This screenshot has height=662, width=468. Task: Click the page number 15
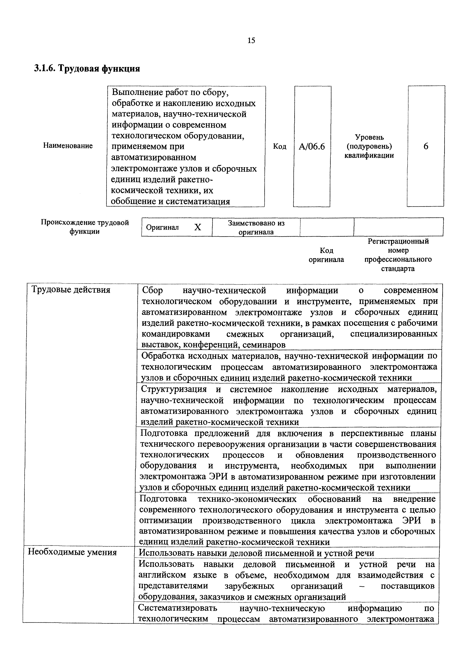tap(251, 40)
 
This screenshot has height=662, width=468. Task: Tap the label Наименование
tap(68, 146)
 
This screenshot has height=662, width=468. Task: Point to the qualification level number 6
tap(426, 146)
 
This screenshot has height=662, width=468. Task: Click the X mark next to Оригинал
tap(197, 227)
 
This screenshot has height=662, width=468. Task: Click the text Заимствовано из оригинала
tap(256, 227)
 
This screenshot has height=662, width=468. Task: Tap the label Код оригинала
tap(326, 255)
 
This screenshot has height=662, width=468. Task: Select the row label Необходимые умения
tap(72, 552)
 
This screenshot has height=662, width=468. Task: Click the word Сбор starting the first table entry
tap(152, 290)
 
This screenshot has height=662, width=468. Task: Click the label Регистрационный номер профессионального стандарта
tap(398, 255)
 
